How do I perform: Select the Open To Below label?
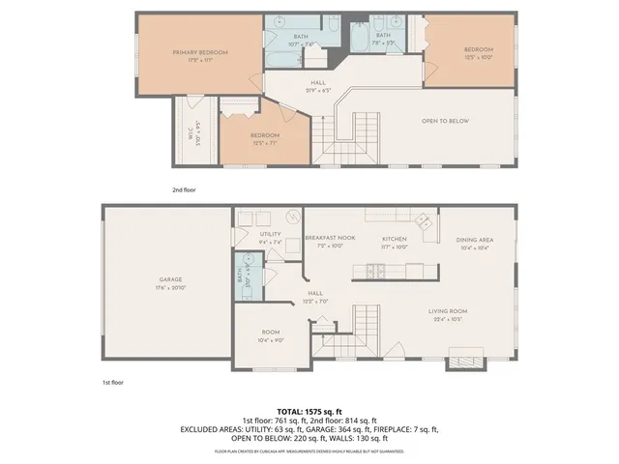click(445, 121)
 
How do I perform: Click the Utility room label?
click(270, 235)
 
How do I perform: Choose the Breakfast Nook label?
click(324, 238)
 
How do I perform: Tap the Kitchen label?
click(394, 238)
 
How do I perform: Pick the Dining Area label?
click(475, 239)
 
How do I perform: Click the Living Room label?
click(449, 310)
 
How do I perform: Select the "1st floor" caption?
click(112, 383)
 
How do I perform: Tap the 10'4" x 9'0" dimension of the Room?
click(270, 340)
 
